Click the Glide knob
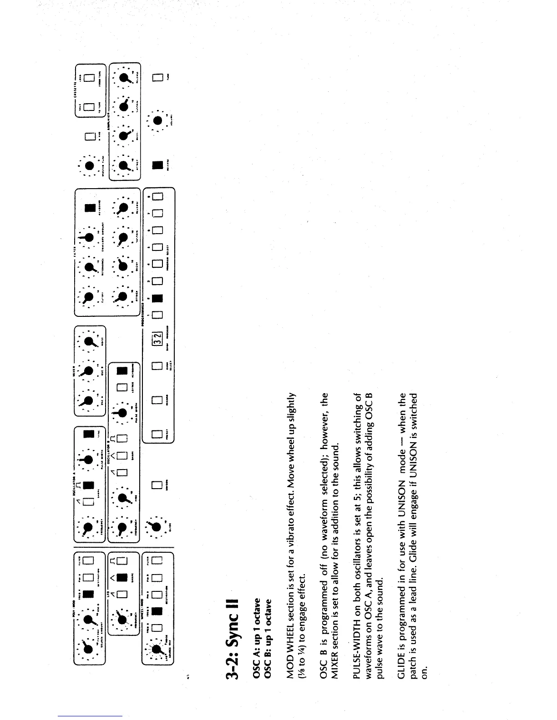(157, 526)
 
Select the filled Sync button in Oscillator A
(89, 434)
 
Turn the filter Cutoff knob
(89, 296)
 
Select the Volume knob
(157, 120)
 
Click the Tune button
(157, 78)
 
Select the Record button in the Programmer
(157, 400)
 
